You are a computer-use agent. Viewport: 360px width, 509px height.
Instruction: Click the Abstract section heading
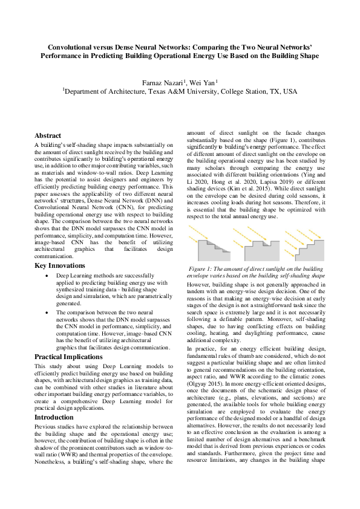click(x=48, y=135)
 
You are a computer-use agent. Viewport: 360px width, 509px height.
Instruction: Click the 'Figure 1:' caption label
click(x=205, y=268)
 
